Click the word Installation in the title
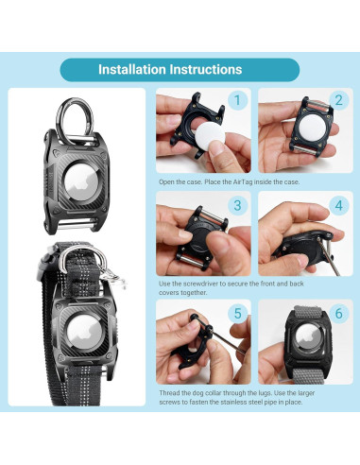point(131,69)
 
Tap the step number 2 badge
point(337,100)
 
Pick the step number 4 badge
point(337,205)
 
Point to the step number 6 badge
point(337,311)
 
